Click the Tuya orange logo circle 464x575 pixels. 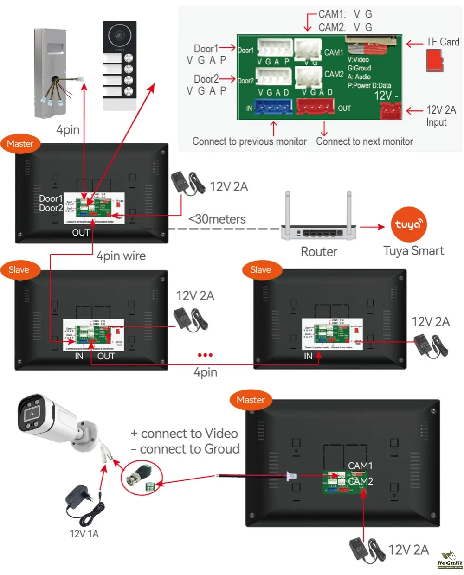click(408, 224)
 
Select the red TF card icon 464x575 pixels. click(435, 61)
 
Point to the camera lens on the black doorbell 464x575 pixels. click(120, 35)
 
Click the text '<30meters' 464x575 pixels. click(217, 219)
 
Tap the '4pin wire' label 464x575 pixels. click(121, 256)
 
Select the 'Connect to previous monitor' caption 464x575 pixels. click(249, 141)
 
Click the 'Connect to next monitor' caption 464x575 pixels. click(364, 141)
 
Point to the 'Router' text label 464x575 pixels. click(319, 252)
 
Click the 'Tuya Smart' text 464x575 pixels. click(413, 251)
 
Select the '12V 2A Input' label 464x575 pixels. click(441, 116)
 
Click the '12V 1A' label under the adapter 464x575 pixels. click(84, 534)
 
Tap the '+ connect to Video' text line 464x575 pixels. click(184, 434)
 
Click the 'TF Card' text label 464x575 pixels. click(443, 42)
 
